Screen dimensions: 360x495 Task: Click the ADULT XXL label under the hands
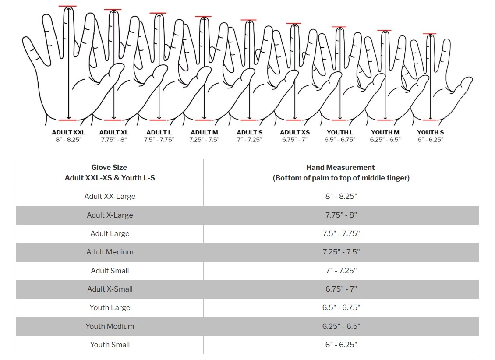(68, 132)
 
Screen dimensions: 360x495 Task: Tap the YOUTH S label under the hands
(430, 132)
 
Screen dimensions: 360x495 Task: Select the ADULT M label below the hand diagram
(204, 132)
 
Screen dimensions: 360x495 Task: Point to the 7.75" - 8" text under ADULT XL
(113, 140)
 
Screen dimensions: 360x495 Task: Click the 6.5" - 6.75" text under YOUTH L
(340, 140)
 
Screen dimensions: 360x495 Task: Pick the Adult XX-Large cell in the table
(110, 196)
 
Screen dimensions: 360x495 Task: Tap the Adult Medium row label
(110, 252)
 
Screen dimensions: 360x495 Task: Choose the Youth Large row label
(110, 307)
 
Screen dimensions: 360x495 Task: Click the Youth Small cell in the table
(110, 345)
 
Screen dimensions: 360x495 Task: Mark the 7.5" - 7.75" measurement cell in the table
(341, 233)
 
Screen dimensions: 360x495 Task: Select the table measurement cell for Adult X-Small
(341, 289)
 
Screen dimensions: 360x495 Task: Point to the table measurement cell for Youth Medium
(341, 326)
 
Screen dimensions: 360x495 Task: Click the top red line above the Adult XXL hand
(67, 6)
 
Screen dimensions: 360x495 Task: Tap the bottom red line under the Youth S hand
(430, 120)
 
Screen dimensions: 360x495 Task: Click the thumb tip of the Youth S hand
(469, 80)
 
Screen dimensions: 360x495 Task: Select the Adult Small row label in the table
(110, 271)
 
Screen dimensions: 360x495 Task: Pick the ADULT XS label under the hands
(294, 132)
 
